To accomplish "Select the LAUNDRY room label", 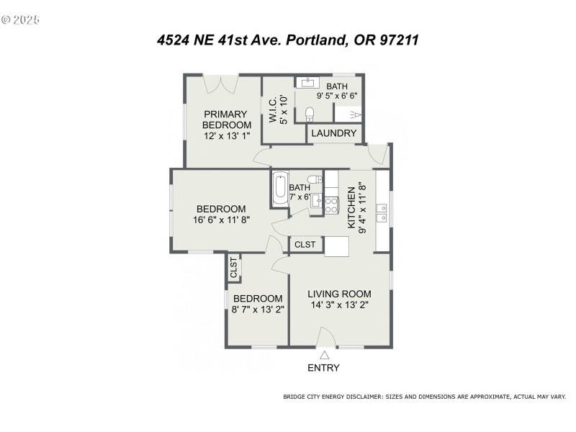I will click(335, 133).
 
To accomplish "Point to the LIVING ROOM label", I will click(339, 294).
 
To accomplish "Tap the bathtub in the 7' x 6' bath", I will click(279, 189).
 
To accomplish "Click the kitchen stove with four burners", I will click(331, 204).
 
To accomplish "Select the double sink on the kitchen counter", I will click(383, 212).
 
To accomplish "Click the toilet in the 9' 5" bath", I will click(310, 114).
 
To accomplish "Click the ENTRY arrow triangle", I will click(324, 354).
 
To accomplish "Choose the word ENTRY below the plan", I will click(323, 368).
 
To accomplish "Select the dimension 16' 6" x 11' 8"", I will click(221, 220).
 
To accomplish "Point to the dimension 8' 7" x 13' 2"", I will click(257, 310).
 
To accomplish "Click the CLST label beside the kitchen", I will click(305, 245).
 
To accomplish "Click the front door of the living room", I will click(325, 338).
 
